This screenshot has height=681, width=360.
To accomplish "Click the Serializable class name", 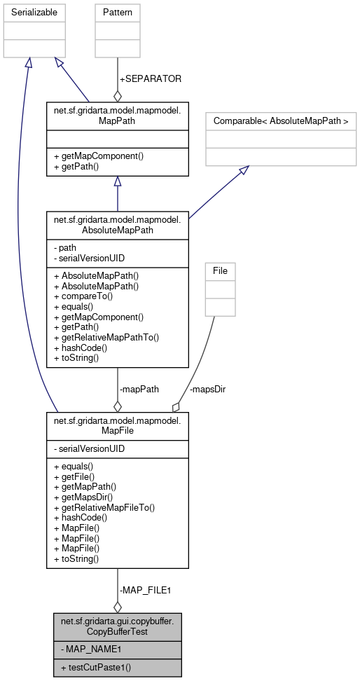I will (x=33, y=13).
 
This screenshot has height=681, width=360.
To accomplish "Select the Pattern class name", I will (x=117, y=13).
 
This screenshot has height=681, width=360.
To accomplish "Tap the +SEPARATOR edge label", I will (x=151, y=79).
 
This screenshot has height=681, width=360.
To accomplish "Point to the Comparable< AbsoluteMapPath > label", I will (x=281, y=119).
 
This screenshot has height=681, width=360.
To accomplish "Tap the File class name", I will (x=220, y=270).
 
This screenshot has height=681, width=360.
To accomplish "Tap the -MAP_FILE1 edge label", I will (x=145, y=590).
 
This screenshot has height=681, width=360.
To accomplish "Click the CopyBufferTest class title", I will (x=117, y=625).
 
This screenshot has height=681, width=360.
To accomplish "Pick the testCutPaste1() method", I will (x=96, y=668).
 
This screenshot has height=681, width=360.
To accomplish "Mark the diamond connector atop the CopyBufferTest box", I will (x=118, y=607).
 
